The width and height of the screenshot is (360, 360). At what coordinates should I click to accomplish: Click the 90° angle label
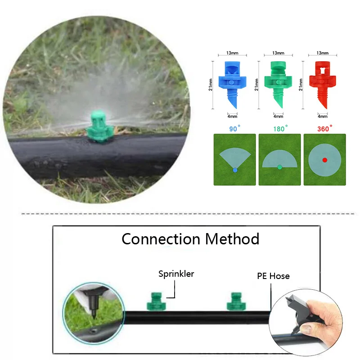(x=233, y=129)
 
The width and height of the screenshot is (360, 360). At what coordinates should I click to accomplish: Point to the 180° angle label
(x=279, y=129)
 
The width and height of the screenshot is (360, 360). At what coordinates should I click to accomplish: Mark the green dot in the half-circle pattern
(x=279, y=167)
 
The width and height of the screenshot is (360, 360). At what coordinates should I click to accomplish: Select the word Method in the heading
(x=233, y=238)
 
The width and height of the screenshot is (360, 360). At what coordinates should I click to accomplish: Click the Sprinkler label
(x=176, y=274)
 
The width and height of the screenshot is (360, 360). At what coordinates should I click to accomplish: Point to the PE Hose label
(x=273, y=276)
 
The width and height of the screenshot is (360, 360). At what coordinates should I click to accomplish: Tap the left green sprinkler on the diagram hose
(x=156, y=301)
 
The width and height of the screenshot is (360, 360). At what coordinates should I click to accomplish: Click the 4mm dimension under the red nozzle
(x=323, y=116)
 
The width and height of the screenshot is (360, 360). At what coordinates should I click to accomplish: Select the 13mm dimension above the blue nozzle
(x=233, y=53)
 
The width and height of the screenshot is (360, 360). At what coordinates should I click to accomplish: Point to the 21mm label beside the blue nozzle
(x=211, y=83)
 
